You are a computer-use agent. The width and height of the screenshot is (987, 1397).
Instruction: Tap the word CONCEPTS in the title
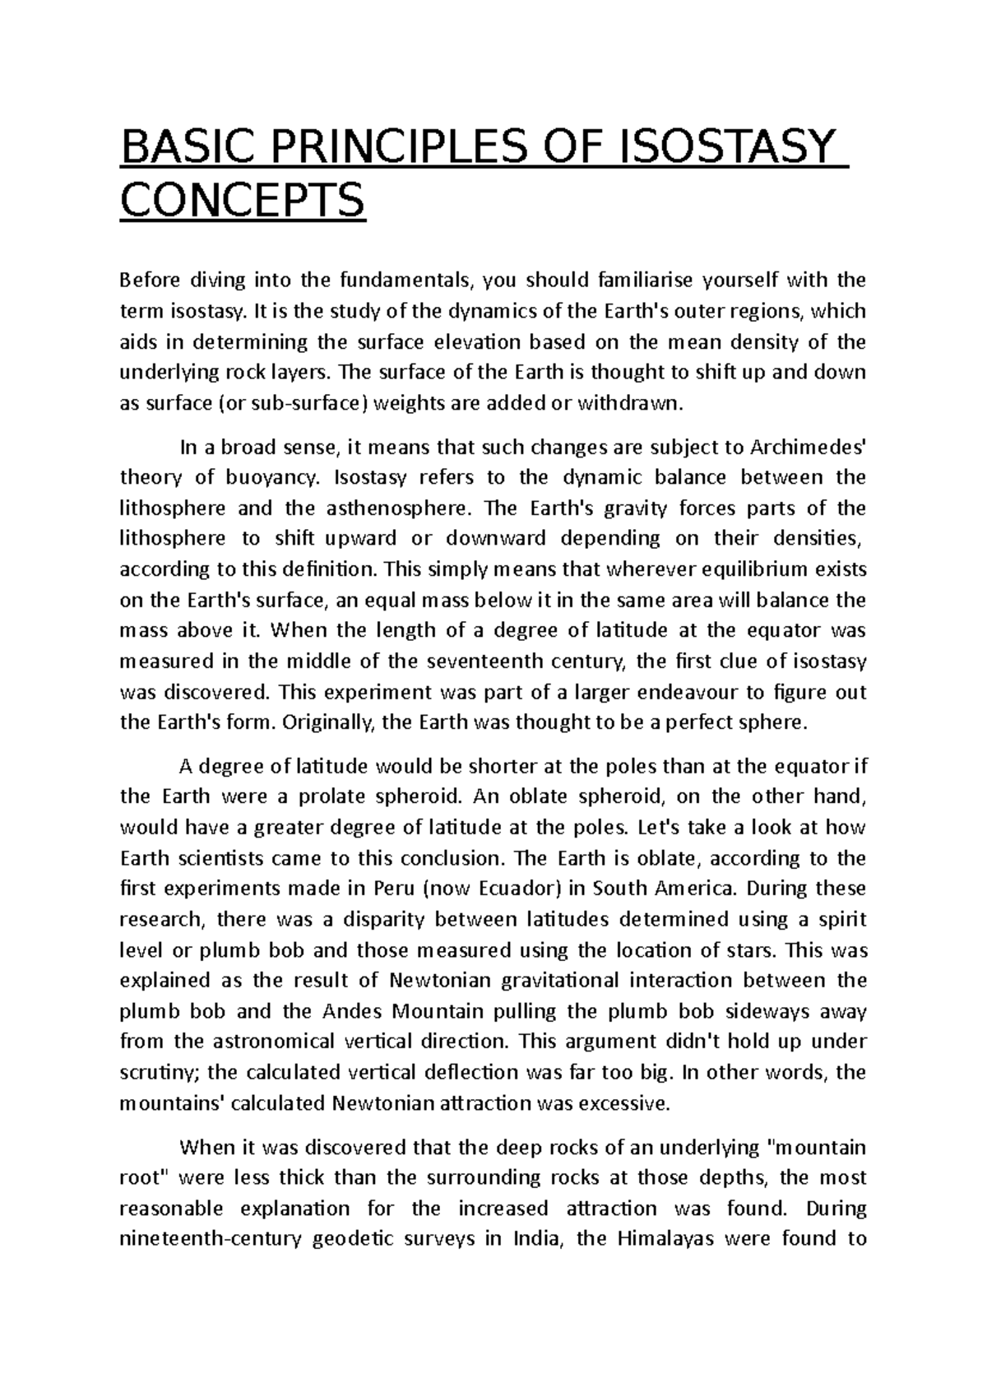[242, 201]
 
